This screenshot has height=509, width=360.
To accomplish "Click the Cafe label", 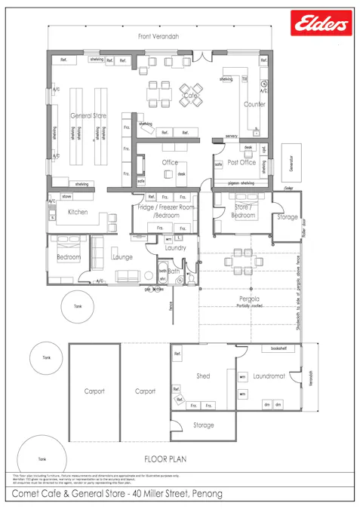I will [189, 96].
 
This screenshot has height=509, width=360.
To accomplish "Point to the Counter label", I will [254, 104].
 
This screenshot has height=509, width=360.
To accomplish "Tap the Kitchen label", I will [78, 213].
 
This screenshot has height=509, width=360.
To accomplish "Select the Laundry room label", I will [175, 247].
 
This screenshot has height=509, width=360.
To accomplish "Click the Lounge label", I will [122, 257].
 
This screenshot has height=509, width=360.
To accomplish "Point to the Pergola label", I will [243, 299].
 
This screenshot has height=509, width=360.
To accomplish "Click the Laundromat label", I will [269, 376].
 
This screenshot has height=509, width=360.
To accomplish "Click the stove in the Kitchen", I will [66, 196].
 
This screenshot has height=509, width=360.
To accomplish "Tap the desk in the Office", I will [181, 174].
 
